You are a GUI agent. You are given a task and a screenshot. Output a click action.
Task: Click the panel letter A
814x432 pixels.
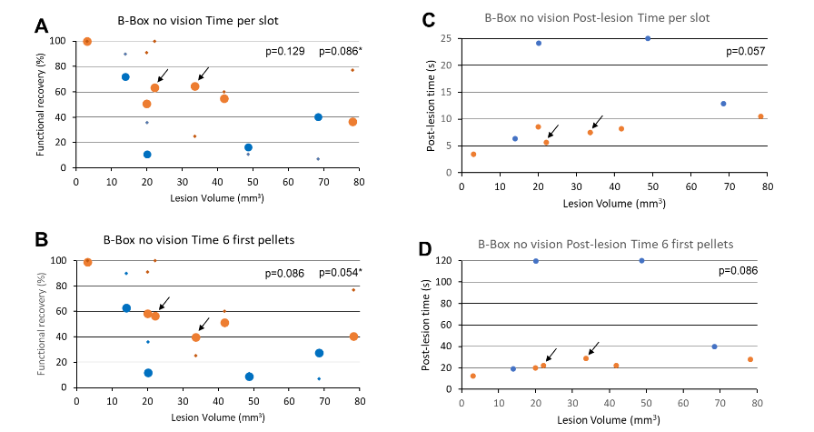[41, 25]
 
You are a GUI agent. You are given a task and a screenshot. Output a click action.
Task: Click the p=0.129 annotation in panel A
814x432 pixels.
[283, 52]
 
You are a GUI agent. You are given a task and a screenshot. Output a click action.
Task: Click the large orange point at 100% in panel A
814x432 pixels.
[87, 42]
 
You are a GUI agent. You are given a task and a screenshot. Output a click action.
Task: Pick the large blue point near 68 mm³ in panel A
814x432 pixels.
[318, 117]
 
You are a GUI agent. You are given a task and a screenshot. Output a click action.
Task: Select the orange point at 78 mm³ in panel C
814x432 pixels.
[760, 116]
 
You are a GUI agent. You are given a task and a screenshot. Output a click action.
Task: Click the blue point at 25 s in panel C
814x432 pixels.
[648, 38]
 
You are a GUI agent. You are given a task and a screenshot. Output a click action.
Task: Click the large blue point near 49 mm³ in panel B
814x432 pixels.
[249, 377]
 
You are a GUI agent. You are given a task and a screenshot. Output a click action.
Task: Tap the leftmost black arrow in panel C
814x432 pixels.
[552, 132]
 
